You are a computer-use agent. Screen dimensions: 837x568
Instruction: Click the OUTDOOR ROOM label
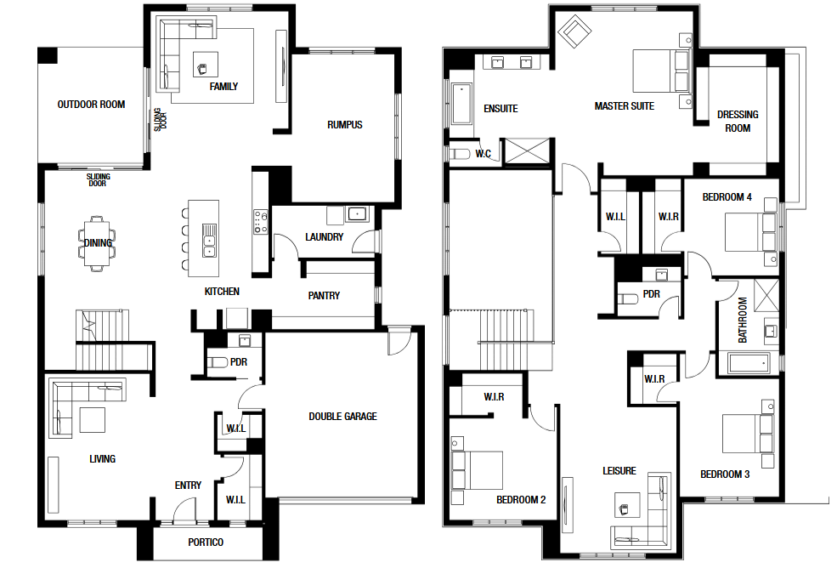[x=91, y=105]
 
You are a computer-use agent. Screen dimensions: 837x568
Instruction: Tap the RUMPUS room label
[x=345, y=125]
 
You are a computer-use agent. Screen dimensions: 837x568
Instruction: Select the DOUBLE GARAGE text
[x=342, y=417]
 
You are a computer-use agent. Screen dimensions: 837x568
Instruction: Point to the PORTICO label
[x=206, y=542]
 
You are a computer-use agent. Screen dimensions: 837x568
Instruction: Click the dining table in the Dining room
[x=98, y=244]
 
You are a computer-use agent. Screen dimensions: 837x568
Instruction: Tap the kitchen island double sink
[x=209, y=240]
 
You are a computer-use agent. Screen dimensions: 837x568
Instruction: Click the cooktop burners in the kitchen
[x=261, y=222]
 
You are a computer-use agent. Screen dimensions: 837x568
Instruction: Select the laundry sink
[x=356, y=214]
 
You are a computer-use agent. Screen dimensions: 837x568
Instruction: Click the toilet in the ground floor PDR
[x=218, y=362]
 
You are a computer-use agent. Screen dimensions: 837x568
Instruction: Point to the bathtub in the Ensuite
[x=461, y=103]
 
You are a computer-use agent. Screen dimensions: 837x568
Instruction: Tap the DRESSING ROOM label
[x=738, y=122]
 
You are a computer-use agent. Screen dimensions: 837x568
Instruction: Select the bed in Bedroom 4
[x=750, y=232]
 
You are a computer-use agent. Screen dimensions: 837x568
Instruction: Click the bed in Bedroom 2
[x=477, y=470]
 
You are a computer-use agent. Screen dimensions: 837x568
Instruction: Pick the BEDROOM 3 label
[x=725, y=474]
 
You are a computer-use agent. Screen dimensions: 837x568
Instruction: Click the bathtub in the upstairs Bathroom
[x=749, y=363]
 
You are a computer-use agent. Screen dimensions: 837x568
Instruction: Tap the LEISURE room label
[x=619, y=471]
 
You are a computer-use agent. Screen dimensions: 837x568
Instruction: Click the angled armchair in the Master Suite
[x=574, y=31]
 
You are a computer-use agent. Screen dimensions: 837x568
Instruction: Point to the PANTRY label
[x=324, y=296]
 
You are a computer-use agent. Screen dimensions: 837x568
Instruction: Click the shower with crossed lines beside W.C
[x=527, y=151]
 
